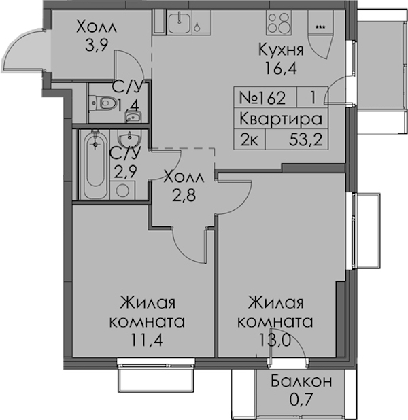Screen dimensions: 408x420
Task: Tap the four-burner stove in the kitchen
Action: (x=279, y=22)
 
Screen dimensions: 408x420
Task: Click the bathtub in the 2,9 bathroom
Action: (x=95, y=164)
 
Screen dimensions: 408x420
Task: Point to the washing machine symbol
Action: (x=122, y=190)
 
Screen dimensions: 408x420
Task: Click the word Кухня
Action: (x=281, y=50)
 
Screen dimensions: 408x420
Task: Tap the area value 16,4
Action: (x=281, y=69)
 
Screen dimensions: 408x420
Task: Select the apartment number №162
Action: (x=262, y=97)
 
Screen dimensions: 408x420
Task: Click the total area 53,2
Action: (x=305, y=139)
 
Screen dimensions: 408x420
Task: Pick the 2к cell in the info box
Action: (x=249, y=139)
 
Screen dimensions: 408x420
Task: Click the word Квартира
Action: (x=280, y=119)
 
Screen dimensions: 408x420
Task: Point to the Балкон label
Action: (x=301, y=381)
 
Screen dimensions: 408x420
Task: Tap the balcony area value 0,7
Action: (x=301, y=400)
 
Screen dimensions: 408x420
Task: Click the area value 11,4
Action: (x=147, y=340)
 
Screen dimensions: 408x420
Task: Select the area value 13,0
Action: (x=275, y=340)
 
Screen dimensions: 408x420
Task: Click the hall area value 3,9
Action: (x=97, y=45)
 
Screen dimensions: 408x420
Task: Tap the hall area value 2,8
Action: (x=184, y=195)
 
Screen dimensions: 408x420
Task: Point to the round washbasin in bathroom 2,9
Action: (x=130, y=138)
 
